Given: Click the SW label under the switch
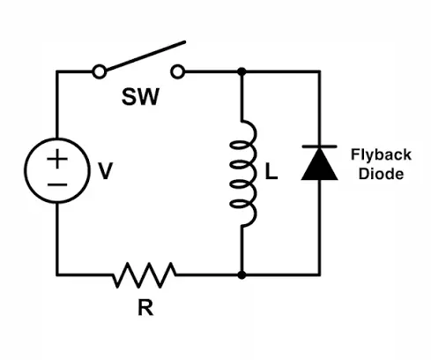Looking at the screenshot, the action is pos(140,97).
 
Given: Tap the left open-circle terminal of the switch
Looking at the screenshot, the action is pos(100,71).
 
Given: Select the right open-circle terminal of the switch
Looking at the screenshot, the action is pos(178,71).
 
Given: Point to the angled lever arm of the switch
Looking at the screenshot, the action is pos(145,56).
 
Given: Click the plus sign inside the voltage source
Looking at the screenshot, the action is pos(57,159).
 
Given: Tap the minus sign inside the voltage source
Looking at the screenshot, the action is pos(57,184).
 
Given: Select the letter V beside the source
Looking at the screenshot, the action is pos(105,171).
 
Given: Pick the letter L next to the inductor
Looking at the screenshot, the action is pos(271,171).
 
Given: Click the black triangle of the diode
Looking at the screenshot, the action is pos(320,164).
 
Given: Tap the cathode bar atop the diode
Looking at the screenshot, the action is pos(320,146).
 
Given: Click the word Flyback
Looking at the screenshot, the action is pos(381,155).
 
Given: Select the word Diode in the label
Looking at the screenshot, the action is pos(381,174).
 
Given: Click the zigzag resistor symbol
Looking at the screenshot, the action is pos(145,275).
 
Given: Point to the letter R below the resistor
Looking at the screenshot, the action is pos(145,307).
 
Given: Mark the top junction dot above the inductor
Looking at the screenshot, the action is pos(242,71).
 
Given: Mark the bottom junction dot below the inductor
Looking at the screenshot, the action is pos(242,275).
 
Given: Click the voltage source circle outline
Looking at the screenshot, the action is pos(26,170).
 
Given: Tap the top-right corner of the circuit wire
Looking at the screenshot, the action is pos(320,71).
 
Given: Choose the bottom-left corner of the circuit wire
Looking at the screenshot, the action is pos(57,275).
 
